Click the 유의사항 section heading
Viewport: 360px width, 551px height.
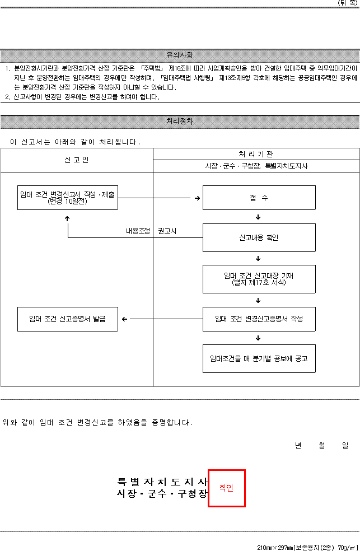click(180, 55)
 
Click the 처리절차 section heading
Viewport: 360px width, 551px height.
click(180, 122)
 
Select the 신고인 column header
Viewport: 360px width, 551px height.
click(77, 160)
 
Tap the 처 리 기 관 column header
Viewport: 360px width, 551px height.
click(256, 154)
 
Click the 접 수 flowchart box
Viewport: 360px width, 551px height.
click(259, 198)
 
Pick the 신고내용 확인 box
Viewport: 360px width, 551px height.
click(259, 237)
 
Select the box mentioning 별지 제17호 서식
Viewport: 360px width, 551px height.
click(259, 279)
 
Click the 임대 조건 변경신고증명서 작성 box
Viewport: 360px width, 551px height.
click(259, 319)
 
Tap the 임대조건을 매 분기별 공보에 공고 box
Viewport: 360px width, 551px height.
click(259, 358)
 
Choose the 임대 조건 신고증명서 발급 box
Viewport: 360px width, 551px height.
click(68, 319)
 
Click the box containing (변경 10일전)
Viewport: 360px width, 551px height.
click(68, 198)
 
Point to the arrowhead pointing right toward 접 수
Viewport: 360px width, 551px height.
click(198, 198)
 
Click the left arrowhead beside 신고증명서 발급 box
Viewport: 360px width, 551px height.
click(124, 319)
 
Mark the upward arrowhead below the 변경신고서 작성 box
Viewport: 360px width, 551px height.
click(67, 218)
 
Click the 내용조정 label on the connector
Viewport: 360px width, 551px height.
click(138, 231)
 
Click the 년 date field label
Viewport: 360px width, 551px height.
click(298, 445)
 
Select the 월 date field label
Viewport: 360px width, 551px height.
click(322, 445)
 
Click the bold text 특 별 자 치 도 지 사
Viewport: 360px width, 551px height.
click(162, 482)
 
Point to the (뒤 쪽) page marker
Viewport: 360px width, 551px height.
click(348, 3)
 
